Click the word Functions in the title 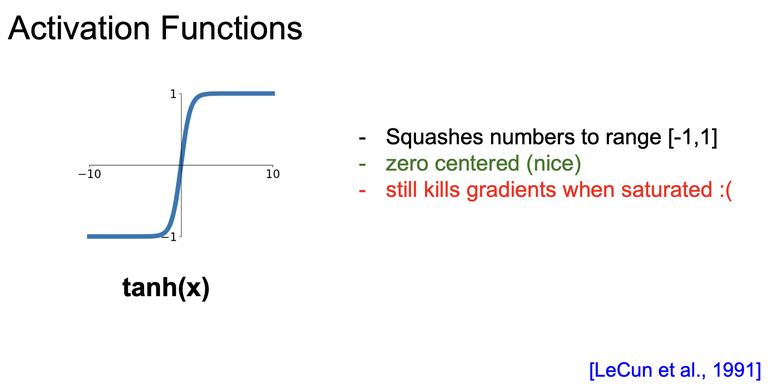231,29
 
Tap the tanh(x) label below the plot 166,288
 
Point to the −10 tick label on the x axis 89,174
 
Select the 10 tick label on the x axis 273,174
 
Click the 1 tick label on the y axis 173,94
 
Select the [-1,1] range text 693,137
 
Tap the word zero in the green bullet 407,164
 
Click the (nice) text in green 554,164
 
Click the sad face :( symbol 725,190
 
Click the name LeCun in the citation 623,370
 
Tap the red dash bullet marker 362,190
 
